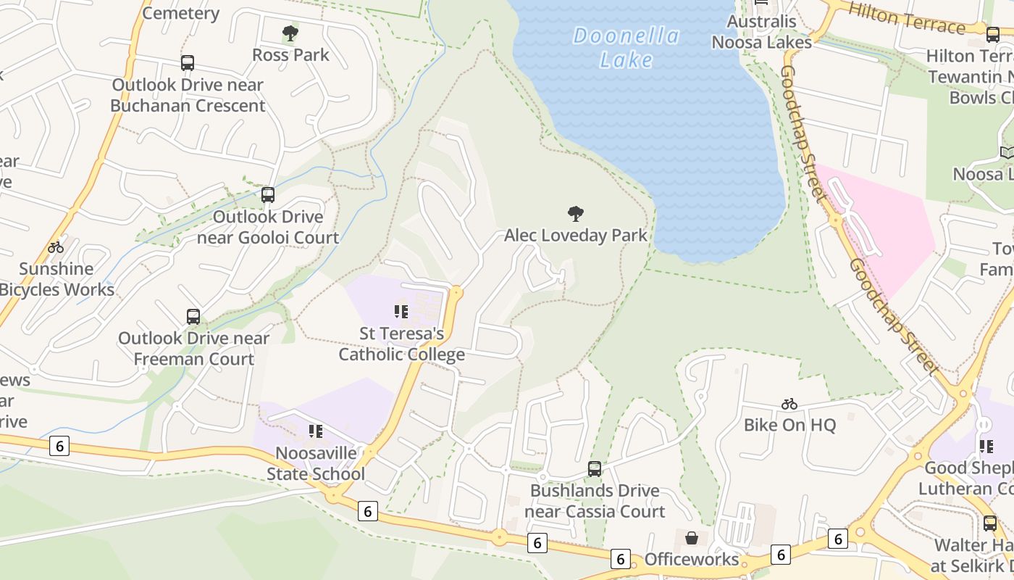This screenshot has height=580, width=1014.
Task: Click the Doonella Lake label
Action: tap(627, 48)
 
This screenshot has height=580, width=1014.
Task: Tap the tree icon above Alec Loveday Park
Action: tap(576, 214)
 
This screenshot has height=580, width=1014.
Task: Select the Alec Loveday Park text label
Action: tap(576, 236)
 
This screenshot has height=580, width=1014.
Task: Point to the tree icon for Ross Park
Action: tap(290, 33)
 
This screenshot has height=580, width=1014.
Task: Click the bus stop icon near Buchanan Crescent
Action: tap(188, 63)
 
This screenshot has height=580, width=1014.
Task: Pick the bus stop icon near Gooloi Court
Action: tap(268, 194)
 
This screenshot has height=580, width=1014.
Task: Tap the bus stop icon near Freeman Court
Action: tap(193, 316)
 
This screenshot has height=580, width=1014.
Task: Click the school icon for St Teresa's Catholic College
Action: tap(401, 312)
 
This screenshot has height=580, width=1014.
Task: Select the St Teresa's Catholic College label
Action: tap(402, 344)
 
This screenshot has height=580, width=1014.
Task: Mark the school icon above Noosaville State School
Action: tap(316, 431)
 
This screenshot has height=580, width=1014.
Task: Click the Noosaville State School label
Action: tap(316, 463)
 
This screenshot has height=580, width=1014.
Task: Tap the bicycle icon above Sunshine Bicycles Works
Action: tap(56, 247)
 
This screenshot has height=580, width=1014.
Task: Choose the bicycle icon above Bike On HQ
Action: tap(789, 404)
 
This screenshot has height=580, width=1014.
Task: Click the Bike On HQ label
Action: tap(789, 425)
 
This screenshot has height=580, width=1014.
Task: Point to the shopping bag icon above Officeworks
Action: tap(692, 538)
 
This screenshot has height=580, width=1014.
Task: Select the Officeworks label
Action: tap(692, 560)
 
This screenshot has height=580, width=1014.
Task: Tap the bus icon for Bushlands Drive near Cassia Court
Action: tap(595, 469)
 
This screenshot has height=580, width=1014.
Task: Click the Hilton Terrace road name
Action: tap(906, 18)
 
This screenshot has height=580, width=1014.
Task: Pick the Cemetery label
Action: tap(181, 13)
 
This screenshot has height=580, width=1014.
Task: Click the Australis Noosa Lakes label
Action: tap(762, 32)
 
